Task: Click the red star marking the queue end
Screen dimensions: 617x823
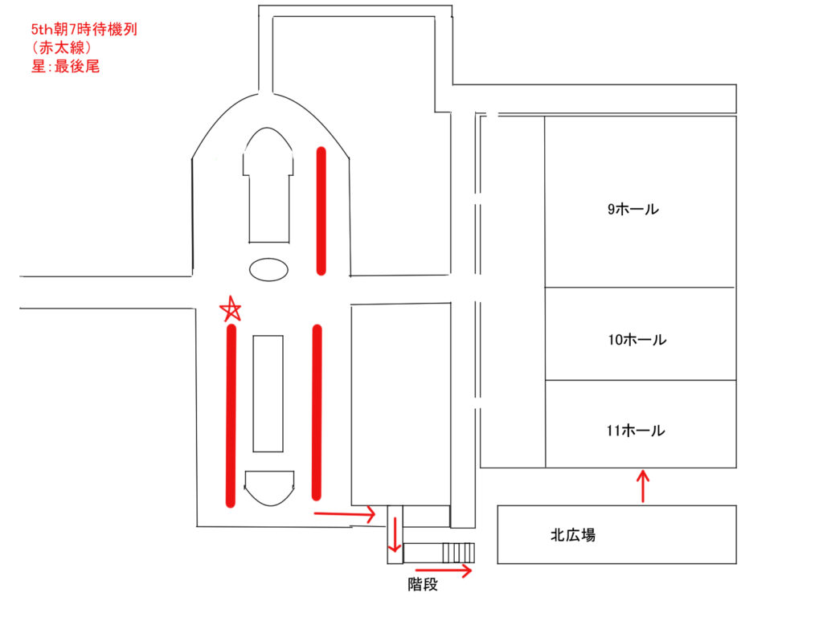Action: point(231,309)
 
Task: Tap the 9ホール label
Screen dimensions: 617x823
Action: point(633,210)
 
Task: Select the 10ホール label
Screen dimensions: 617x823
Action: point(637,340)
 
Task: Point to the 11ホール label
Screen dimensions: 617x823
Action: point(636,431)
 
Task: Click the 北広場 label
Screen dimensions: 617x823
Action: point(573,535)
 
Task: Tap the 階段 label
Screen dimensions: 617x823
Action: point(423,585)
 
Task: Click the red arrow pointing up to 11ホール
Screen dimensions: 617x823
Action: point(642,486)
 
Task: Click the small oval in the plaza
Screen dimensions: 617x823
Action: point(268,268)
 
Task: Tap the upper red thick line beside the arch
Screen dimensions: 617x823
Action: point(321,210)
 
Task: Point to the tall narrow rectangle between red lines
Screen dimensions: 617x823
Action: point(268,393)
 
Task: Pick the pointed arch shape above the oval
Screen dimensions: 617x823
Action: point(267,185)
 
